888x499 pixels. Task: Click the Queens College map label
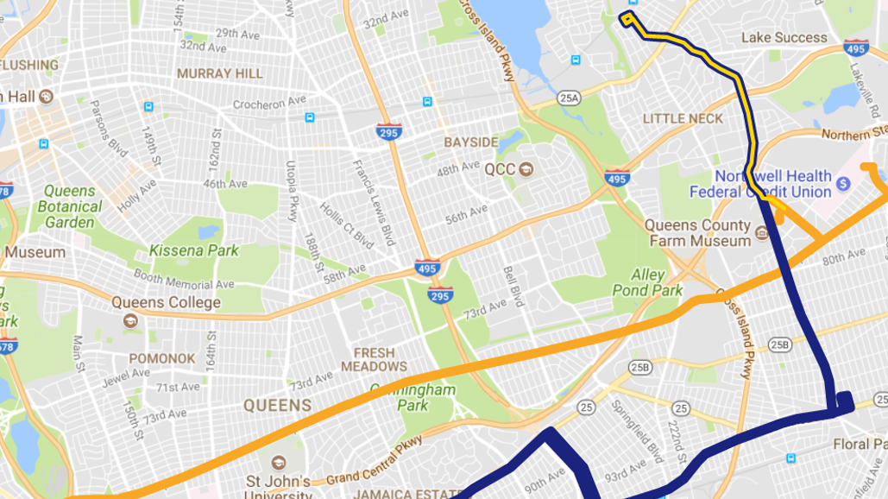(x=166, y=303)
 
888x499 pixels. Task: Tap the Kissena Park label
(x=193, y=250)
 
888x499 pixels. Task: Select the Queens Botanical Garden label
(x=70, y=207)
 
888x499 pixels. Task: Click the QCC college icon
(x=526, y=168)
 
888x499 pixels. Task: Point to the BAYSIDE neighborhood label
(x=471, y=142)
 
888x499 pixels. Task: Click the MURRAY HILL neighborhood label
(x=220, y=74)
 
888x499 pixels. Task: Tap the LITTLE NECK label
(x=683, y=118)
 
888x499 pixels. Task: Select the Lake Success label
(x=784, y=38)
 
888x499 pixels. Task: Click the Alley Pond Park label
(x=647, y=282)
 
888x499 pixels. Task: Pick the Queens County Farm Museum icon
(x=761, y=233)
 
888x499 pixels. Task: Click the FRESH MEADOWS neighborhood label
(x=374, y=359)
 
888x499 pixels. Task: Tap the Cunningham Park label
(x=413, y=398)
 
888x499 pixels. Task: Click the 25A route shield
(x=569, y=98)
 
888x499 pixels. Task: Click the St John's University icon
(x=278, y=464)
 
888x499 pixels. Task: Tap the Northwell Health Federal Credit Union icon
(x=844, y=184)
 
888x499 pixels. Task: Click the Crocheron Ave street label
(x=269, y=103)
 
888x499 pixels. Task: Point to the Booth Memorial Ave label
(x=184, y=279)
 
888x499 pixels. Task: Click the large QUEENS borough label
(x=277, y=405)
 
